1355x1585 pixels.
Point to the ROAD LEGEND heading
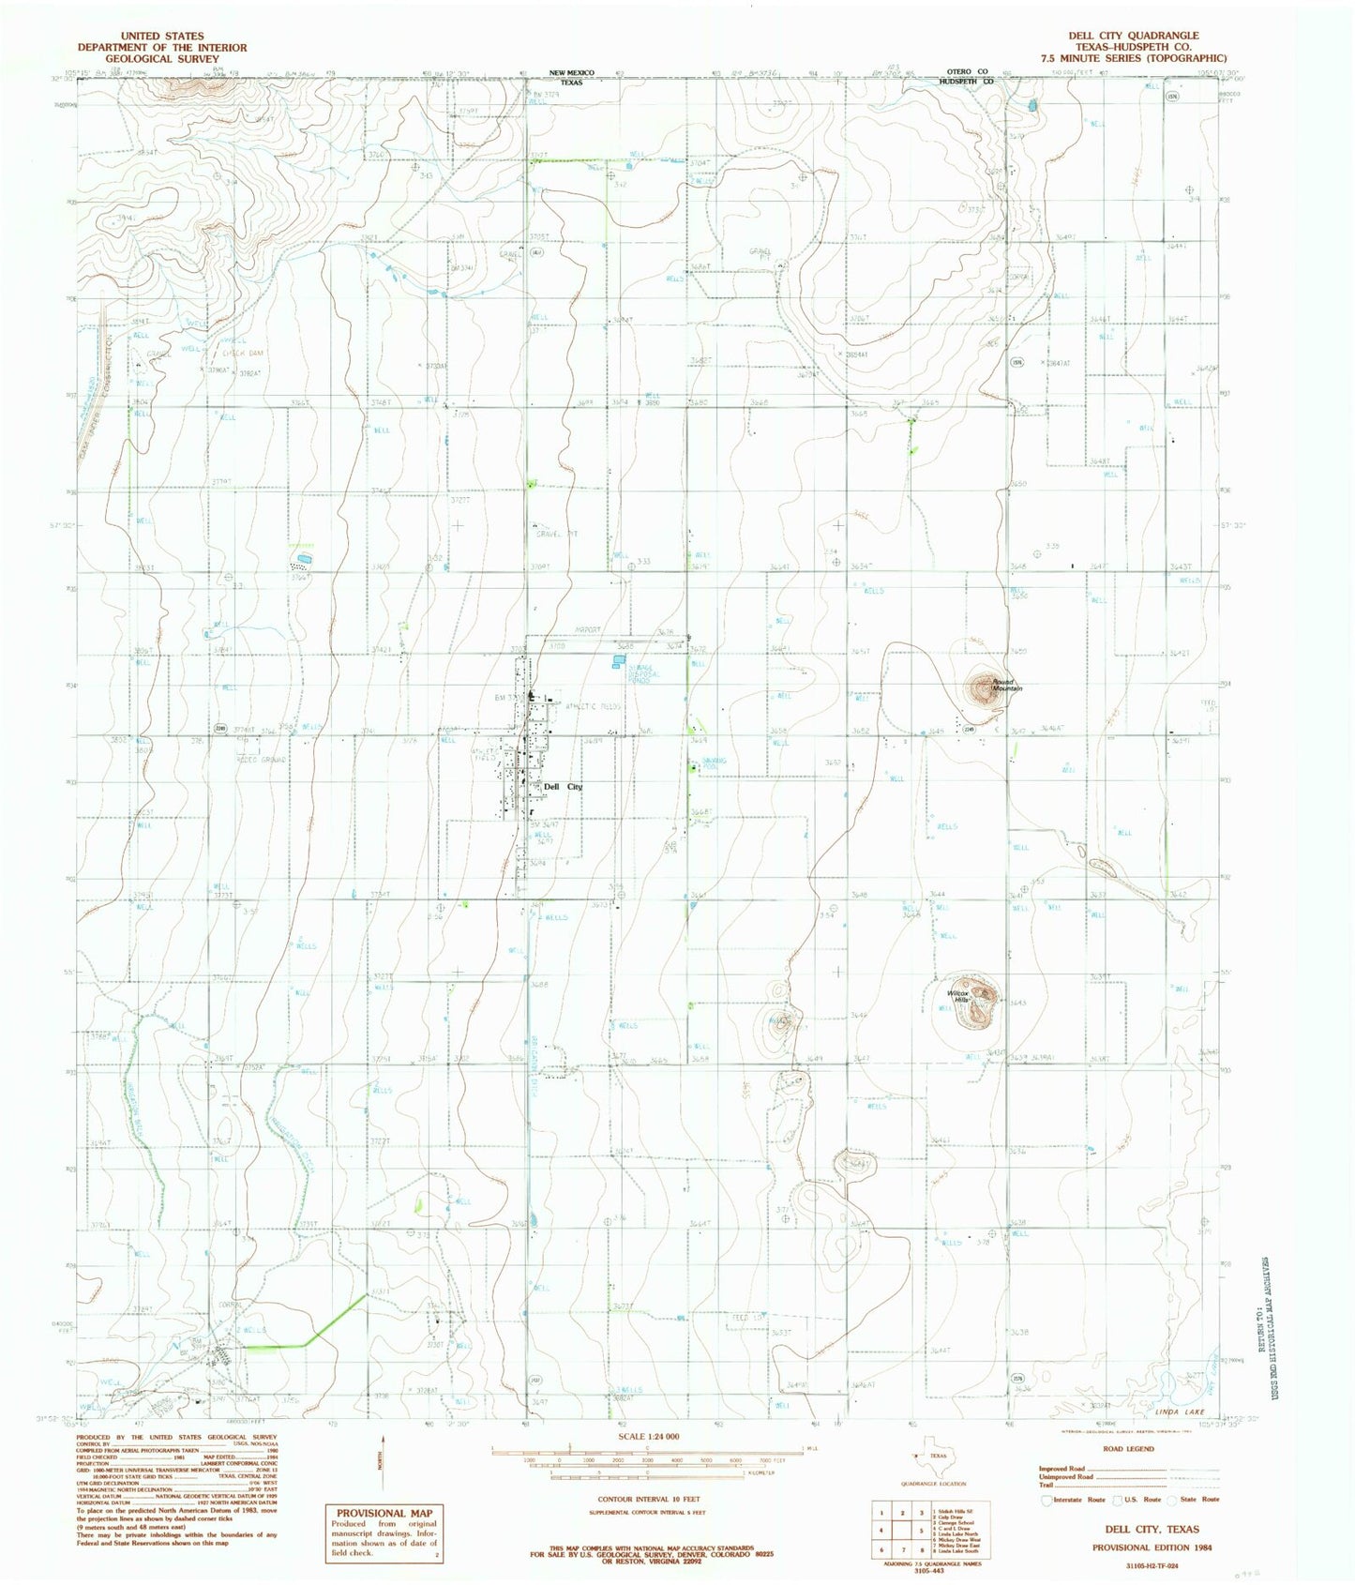[x=1129, y=1449]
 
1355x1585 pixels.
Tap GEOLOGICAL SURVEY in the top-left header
[x=161, y=58]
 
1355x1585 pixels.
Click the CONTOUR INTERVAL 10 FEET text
[x=646, y=1501]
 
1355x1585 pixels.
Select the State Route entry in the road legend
[x=1199, y=1499]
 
